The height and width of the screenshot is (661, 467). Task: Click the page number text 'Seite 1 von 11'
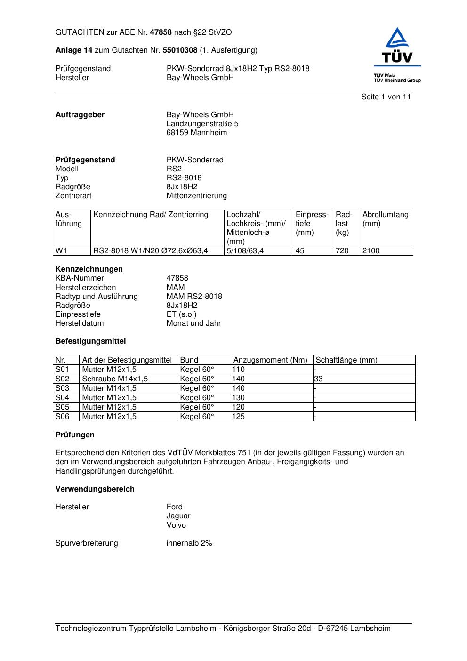386,97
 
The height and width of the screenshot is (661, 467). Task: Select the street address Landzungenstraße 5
202,124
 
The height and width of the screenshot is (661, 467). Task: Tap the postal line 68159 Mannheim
196,133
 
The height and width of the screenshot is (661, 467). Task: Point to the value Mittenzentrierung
196,196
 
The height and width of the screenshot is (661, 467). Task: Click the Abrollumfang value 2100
371,251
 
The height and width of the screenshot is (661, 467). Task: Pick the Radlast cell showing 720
342,251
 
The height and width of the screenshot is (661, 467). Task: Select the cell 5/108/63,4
245,251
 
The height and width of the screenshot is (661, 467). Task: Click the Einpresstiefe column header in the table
312,223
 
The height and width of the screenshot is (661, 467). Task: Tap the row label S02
62,379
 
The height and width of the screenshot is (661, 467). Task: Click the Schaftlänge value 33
318,379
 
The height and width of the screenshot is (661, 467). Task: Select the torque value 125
238,417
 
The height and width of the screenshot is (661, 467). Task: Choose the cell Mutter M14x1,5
109,388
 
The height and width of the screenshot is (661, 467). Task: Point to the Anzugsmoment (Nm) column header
270,360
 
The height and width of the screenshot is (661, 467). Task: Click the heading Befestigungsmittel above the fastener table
90,341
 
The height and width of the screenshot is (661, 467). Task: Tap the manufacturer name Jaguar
178,516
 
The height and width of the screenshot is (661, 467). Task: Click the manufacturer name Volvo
176,525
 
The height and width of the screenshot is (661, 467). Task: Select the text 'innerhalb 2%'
189,543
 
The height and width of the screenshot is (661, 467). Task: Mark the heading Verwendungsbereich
95,489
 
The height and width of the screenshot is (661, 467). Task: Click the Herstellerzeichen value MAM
176,288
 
